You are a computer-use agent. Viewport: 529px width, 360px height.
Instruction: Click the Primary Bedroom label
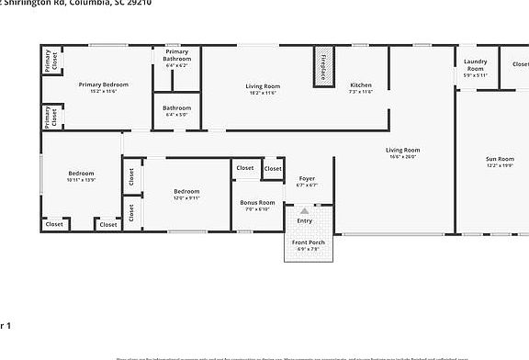tap(103, 84)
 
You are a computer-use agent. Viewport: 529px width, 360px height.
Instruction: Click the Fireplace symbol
tap(323, 67)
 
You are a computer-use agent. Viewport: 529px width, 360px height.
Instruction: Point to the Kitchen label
tap(361, 85)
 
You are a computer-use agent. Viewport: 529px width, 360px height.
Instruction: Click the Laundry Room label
tap(475, 65)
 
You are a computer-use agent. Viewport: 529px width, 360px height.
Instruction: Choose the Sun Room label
tap(500, 159)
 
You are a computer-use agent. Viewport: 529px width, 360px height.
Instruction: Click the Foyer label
tap(307, 178)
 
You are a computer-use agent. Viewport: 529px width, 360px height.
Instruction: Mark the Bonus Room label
tap(257, 202)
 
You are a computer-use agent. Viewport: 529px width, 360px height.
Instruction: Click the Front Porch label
tap(306, 242)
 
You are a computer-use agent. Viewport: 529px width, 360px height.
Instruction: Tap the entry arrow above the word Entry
tap(305, 211)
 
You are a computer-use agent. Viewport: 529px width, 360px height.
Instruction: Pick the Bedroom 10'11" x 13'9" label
tap(81, 173)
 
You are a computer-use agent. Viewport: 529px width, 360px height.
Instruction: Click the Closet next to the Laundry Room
tap(520, 64)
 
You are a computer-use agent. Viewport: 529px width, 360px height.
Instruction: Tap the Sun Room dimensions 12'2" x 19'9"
tap(500, 166)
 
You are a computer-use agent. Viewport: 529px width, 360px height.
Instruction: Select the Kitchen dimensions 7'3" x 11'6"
tap(361, 92)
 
